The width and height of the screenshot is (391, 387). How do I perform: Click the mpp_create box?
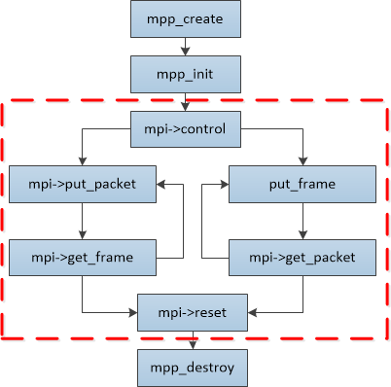186,18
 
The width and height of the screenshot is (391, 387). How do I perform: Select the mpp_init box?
186,74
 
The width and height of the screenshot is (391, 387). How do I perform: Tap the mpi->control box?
186,129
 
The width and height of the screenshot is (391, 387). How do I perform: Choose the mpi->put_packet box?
83,185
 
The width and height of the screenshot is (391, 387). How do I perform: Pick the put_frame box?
302,185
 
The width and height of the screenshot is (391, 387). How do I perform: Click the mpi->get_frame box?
83,258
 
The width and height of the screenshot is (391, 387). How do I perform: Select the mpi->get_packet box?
302,258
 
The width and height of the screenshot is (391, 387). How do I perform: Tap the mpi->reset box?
193,312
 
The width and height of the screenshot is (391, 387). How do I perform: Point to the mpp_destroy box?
193,368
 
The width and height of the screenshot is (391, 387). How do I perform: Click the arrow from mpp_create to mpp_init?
186,47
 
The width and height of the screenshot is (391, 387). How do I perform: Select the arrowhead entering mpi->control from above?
186,107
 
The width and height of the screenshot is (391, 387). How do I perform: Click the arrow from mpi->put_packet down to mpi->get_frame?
83,221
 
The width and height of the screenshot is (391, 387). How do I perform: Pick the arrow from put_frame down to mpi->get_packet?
302,221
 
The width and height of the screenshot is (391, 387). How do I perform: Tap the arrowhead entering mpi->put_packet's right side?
160,185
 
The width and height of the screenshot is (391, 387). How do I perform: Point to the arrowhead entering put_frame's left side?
225,185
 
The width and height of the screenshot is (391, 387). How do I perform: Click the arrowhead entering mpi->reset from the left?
133,312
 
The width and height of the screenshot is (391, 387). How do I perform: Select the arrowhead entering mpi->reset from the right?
252,312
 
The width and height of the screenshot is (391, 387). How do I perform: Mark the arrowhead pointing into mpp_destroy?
193,345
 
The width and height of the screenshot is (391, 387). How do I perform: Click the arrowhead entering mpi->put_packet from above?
83,161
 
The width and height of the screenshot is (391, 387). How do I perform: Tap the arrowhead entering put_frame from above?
302,161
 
